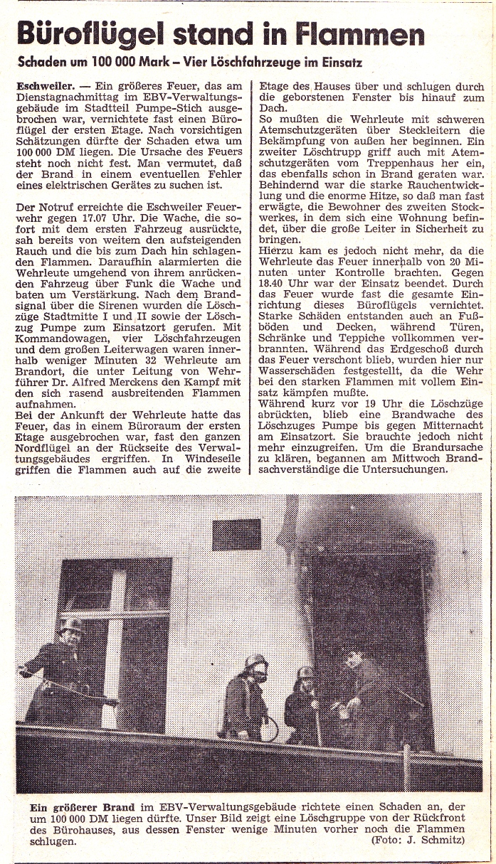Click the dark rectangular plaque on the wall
236,534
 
